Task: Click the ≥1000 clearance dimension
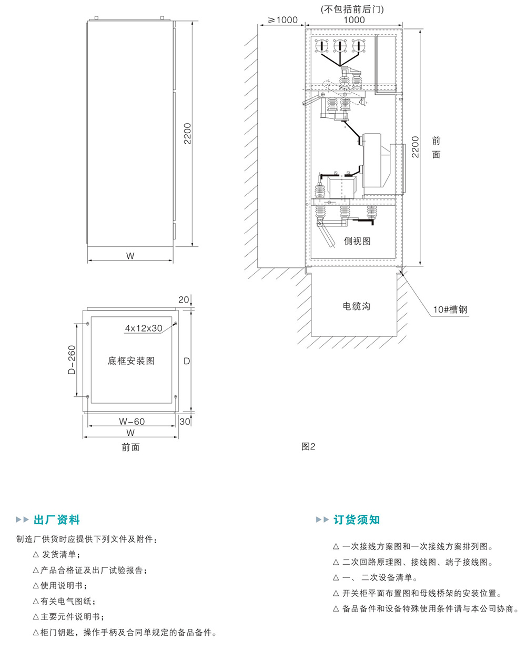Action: tap(283, 20)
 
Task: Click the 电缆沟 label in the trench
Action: tap(356, 306)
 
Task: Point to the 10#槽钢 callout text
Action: tap(450, 309)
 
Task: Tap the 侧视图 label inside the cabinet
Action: tap(357, 241)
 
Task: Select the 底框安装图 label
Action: tap(131, 361)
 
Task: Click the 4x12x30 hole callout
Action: tap(144, 328)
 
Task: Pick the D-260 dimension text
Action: tap(72, 360)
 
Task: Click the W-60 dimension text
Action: tap(131, 421)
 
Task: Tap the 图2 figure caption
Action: tap(308, 446)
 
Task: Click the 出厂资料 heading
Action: tap(56, 520)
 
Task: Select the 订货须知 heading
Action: tap(356, 520)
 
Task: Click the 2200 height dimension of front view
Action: tap(188, 134)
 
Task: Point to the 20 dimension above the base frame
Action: tap(184, 299)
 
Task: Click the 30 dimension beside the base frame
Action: tap(184, 421)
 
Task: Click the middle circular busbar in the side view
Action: tap(340, 47)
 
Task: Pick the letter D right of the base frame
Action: tap(186, 361)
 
